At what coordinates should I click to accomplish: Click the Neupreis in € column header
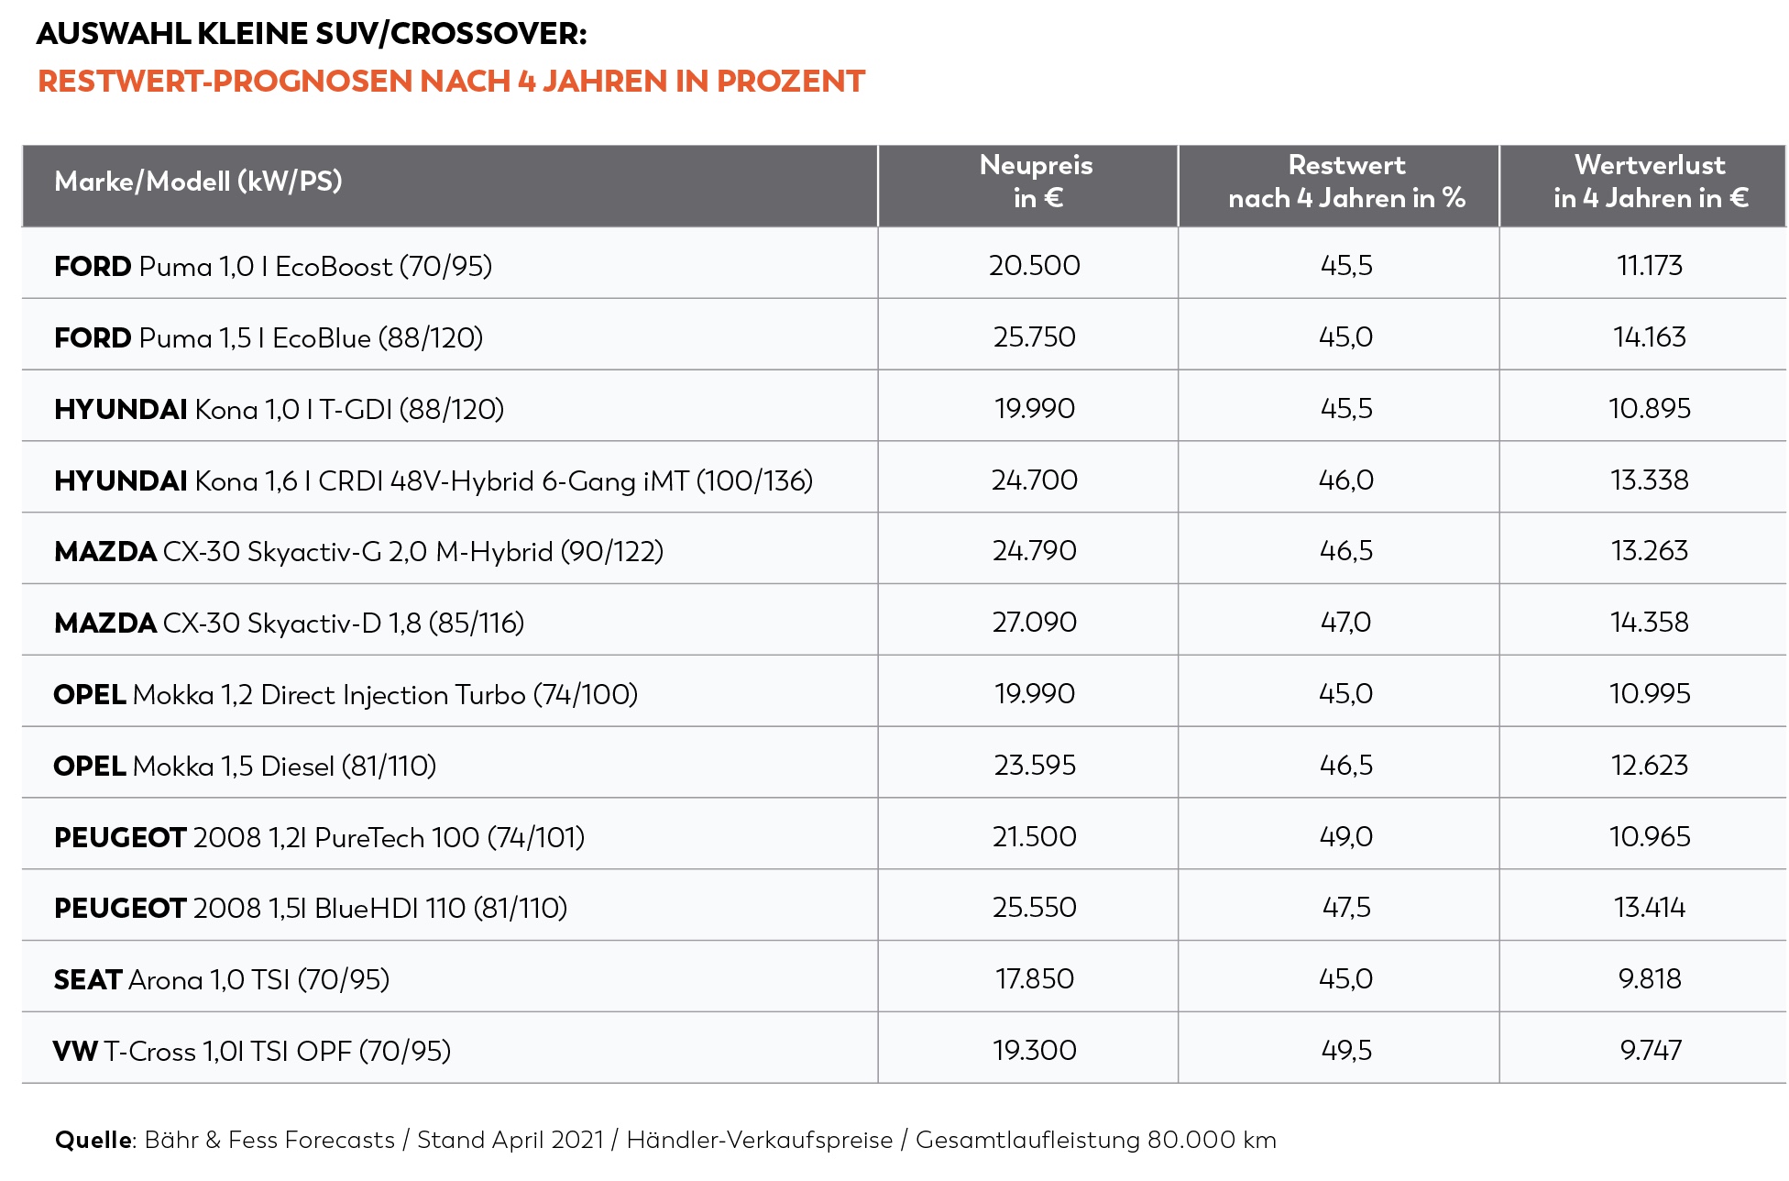point(1036,182)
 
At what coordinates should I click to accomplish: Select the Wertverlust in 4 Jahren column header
point(1651,182)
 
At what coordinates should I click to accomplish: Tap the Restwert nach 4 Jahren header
point(1346,182)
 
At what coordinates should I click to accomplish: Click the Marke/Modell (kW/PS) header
point(198,182)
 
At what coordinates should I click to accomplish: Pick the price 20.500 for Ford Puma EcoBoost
point(1035,266)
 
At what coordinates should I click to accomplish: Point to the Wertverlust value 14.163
point(1650,337)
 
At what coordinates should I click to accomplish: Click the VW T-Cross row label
point(252,1051)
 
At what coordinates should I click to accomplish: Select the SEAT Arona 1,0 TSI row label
point(222,980)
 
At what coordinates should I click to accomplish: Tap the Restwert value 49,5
point(1346,1051)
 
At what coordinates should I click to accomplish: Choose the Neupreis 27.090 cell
point(1035,623)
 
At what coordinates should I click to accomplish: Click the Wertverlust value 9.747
point(1651,1051)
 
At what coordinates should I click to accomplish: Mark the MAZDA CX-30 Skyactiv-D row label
point(289,624)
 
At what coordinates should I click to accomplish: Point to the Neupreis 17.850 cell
point(1035,979)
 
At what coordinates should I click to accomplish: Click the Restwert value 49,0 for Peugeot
point(1346,837)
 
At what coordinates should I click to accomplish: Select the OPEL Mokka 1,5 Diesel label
point(245,766)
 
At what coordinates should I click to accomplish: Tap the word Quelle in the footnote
point(93,1140)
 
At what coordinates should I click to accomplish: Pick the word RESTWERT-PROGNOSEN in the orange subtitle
point(225,81)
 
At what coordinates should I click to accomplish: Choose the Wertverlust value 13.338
point(1650,480)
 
